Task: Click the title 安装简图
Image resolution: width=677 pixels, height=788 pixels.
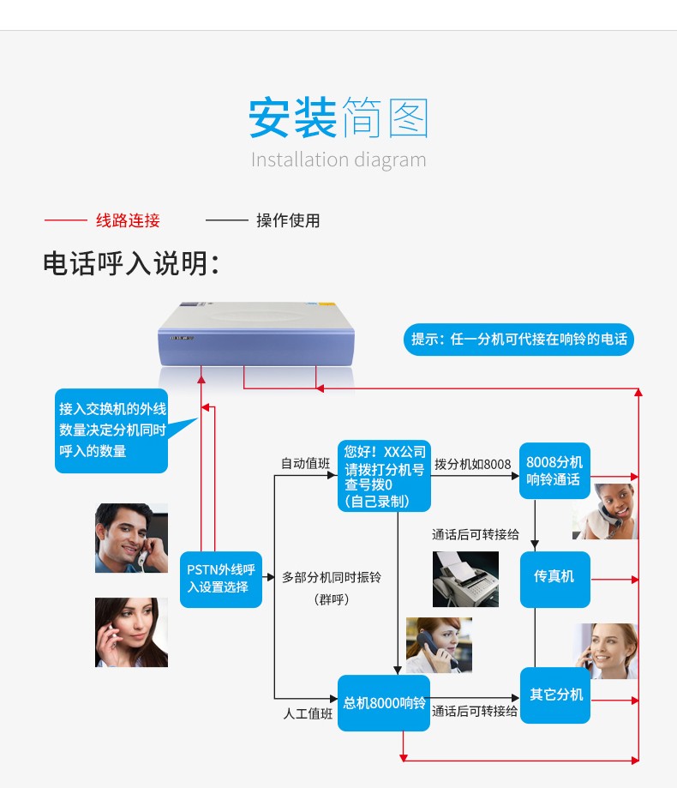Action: [338, 118]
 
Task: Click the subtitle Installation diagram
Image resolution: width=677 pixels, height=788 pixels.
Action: [338, 159]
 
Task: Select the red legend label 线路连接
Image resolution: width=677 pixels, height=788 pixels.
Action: [128, 220]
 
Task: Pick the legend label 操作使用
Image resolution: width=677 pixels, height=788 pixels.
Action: [288, 220]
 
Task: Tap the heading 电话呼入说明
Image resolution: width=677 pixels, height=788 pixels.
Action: [131, 263]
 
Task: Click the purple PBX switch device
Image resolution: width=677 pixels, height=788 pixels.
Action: [256, 334]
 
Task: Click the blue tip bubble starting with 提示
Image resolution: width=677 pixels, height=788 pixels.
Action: [518, 340]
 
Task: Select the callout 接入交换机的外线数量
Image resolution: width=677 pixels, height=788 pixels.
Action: [111, 430]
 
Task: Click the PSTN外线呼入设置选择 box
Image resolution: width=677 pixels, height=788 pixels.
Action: [221, 580]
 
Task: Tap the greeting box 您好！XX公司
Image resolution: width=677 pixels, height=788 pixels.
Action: [384, 476]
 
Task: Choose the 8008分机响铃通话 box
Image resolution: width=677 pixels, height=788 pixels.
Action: [554, 471]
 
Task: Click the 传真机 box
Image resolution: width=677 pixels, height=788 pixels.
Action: [555, 580]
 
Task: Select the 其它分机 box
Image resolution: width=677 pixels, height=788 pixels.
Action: [555, 695]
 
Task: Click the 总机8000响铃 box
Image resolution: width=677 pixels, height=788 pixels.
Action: [384, 702]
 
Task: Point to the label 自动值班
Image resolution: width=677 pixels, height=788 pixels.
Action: [305, 463]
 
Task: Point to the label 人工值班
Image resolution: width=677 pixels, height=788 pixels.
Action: [308, 713]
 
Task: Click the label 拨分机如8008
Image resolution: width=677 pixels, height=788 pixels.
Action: [472, 465]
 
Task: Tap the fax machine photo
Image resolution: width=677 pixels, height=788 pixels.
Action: [465, 579]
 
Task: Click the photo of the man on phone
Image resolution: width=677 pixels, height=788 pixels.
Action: [132, 538]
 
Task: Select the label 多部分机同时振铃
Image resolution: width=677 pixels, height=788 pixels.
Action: [332, 577]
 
